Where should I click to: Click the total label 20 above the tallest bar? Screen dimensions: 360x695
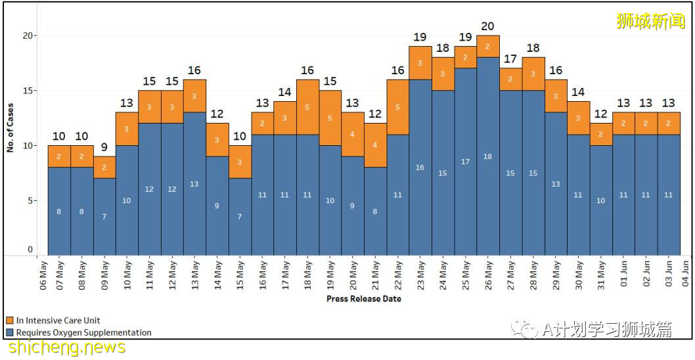point(488,26)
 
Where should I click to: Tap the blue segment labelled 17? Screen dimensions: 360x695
point(466,162)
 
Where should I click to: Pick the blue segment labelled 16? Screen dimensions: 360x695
point(420,167)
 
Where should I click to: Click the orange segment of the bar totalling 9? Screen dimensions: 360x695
point(104,167)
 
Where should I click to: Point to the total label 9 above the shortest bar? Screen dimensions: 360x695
point(104,147)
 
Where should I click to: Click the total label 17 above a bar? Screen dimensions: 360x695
point(510,59)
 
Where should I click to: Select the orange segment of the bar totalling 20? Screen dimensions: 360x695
point(488,46)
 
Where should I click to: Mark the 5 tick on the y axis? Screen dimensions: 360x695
point(30,200)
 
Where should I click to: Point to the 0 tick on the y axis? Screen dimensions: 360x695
point(30,250)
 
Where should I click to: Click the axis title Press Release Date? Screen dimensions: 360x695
point(364,299)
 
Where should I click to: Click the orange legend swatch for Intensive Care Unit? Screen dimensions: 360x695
point(10,321)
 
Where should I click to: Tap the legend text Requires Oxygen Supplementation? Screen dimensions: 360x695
point(83,332)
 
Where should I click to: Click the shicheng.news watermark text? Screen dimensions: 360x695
point(66,348)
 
